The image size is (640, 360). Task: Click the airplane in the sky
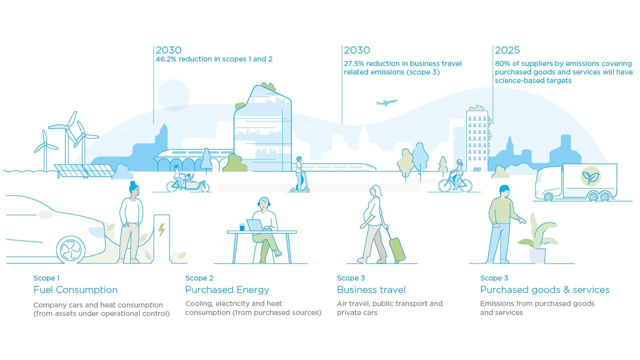point(386,102)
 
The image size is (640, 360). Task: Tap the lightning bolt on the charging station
point(161,230)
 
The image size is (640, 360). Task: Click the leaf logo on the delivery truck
point(590,177)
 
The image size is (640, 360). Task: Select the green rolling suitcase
point(397,249)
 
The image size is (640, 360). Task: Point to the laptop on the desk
point(255,225)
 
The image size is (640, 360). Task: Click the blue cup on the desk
point(242,227)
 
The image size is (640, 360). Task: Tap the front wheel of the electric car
point(70,249)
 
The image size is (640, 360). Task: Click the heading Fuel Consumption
point(75,289)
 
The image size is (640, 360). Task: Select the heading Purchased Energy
point(227,289)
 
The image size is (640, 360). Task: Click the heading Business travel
point(371,289)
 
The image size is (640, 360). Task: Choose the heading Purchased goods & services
point(544,289)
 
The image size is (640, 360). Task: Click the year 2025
point(507,50)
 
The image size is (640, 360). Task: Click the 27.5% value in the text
point(353,63)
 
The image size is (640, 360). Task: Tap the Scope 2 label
point(199,278)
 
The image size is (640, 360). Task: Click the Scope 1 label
point(46,278)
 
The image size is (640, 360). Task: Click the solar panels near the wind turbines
point(85,171)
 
